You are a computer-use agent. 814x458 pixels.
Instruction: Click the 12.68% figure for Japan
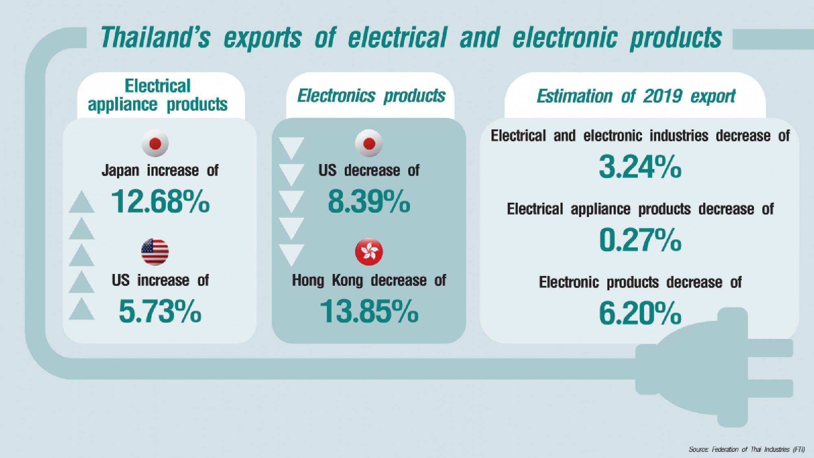pyautogui.click(x=160, y=202)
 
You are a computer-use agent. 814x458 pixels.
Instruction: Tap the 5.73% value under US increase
pyautogui.click(x=160, y=311)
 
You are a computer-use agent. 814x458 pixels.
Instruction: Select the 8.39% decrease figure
pyautogui.click(x=369, y=202)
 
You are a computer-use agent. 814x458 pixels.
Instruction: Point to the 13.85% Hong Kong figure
pyautogui.click(x=369, y=311)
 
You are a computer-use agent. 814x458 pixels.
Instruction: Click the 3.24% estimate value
pyautogui.click(x=640, y=167)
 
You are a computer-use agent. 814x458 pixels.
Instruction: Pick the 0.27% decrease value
pyautogui.click(x=640, y=240)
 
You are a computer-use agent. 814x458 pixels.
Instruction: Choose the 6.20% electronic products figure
pyautogui.click(x=640, y=313)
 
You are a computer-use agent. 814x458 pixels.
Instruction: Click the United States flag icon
pyautogui.click(x=155, y=252)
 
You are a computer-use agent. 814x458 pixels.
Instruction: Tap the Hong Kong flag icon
pyautogui.click(x=369, y=252)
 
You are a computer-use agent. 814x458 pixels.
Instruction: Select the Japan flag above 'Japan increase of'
pyautogui.click(x=155, y=143)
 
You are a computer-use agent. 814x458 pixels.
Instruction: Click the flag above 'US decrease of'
pyautogui.click(x=369, y=143)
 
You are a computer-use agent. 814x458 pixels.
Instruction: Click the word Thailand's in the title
pyautogui.click(x=155, y=37)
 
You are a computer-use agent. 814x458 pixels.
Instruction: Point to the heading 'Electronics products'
pyautogui.click(x=371, y=96)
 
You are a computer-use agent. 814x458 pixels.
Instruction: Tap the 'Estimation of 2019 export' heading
pyautogui.click(x=636, y=96)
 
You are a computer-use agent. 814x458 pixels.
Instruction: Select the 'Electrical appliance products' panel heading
pyautogui.click(x=158, y=95)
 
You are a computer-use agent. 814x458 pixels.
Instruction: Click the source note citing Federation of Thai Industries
pyautogui.click(x=746, y=449)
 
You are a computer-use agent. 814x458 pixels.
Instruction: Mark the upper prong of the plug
pyautogui.click(x=769, y=348)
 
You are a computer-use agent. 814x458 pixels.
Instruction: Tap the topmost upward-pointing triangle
pyautogui.click(x=81, y=202)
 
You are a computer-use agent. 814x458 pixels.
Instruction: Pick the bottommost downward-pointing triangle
pyautogui.click(x=291, y=255)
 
